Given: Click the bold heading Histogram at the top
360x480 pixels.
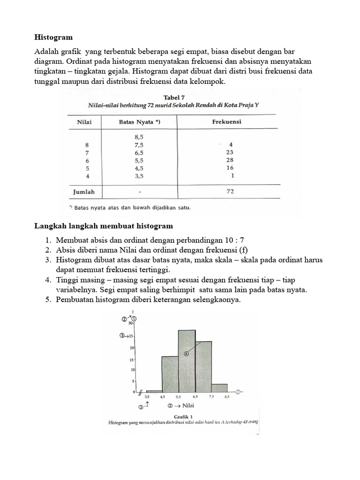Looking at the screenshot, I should coord(54,37).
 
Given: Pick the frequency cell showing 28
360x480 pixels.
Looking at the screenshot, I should coord(229,160).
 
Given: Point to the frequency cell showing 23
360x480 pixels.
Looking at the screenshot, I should coord(229,152).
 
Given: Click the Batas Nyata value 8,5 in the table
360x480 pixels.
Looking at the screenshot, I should coord(139,137).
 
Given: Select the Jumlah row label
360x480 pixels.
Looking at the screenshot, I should coord(84,192).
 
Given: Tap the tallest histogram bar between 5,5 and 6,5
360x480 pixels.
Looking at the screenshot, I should coord(187,361).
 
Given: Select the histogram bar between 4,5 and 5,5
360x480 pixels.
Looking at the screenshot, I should coord(170,374).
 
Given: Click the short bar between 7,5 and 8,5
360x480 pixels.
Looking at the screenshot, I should coord(219,388).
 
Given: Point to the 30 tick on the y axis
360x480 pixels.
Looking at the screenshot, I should coord(131,323).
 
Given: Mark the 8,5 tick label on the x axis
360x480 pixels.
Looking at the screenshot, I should coord(227,397).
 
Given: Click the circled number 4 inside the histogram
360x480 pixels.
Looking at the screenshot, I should coord(187,354).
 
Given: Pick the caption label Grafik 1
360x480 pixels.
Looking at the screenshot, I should coord(180,415).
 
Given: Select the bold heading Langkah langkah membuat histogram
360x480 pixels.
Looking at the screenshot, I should coord(104,226).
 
